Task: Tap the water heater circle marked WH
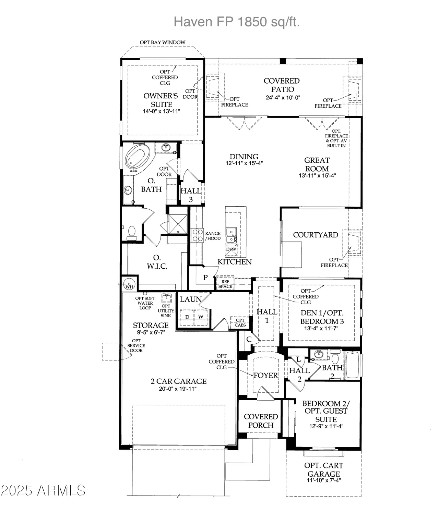129,285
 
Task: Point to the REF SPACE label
225,284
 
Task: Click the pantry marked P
205,278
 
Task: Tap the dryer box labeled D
187,317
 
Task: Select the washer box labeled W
201,317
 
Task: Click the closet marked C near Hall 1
249,339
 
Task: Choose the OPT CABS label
240,323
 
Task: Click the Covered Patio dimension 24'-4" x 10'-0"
283,97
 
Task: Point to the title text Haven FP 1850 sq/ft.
237,22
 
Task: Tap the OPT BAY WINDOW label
163,42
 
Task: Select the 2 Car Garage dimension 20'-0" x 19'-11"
178,389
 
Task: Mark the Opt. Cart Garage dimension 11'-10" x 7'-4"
323,480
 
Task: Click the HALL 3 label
191,195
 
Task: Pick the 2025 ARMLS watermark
43,490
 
